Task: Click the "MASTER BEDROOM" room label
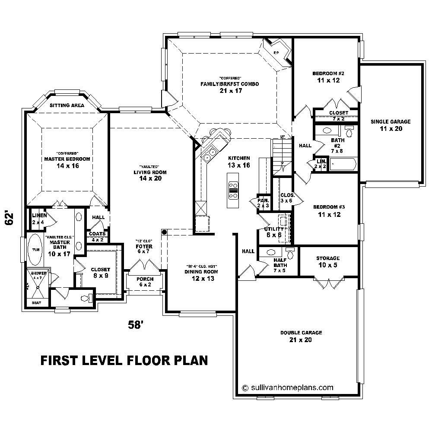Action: [x=67, y=159]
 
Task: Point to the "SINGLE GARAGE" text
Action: [x=391, y=122]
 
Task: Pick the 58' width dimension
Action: [x=135, y=325]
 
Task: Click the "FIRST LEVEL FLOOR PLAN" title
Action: [x=124, y=360]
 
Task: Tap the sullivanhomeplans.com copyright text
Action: [x=288, y=388]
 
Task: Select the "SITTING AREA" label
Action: [x=67, y=105]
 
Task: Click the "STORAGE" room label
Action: [x=328, y=258]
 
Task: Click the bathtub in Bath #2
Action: [x=342, y=165]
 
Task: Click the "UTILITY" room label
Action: [x=274, y=229]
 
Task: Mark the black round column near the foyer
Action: [x=165, y=232]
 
